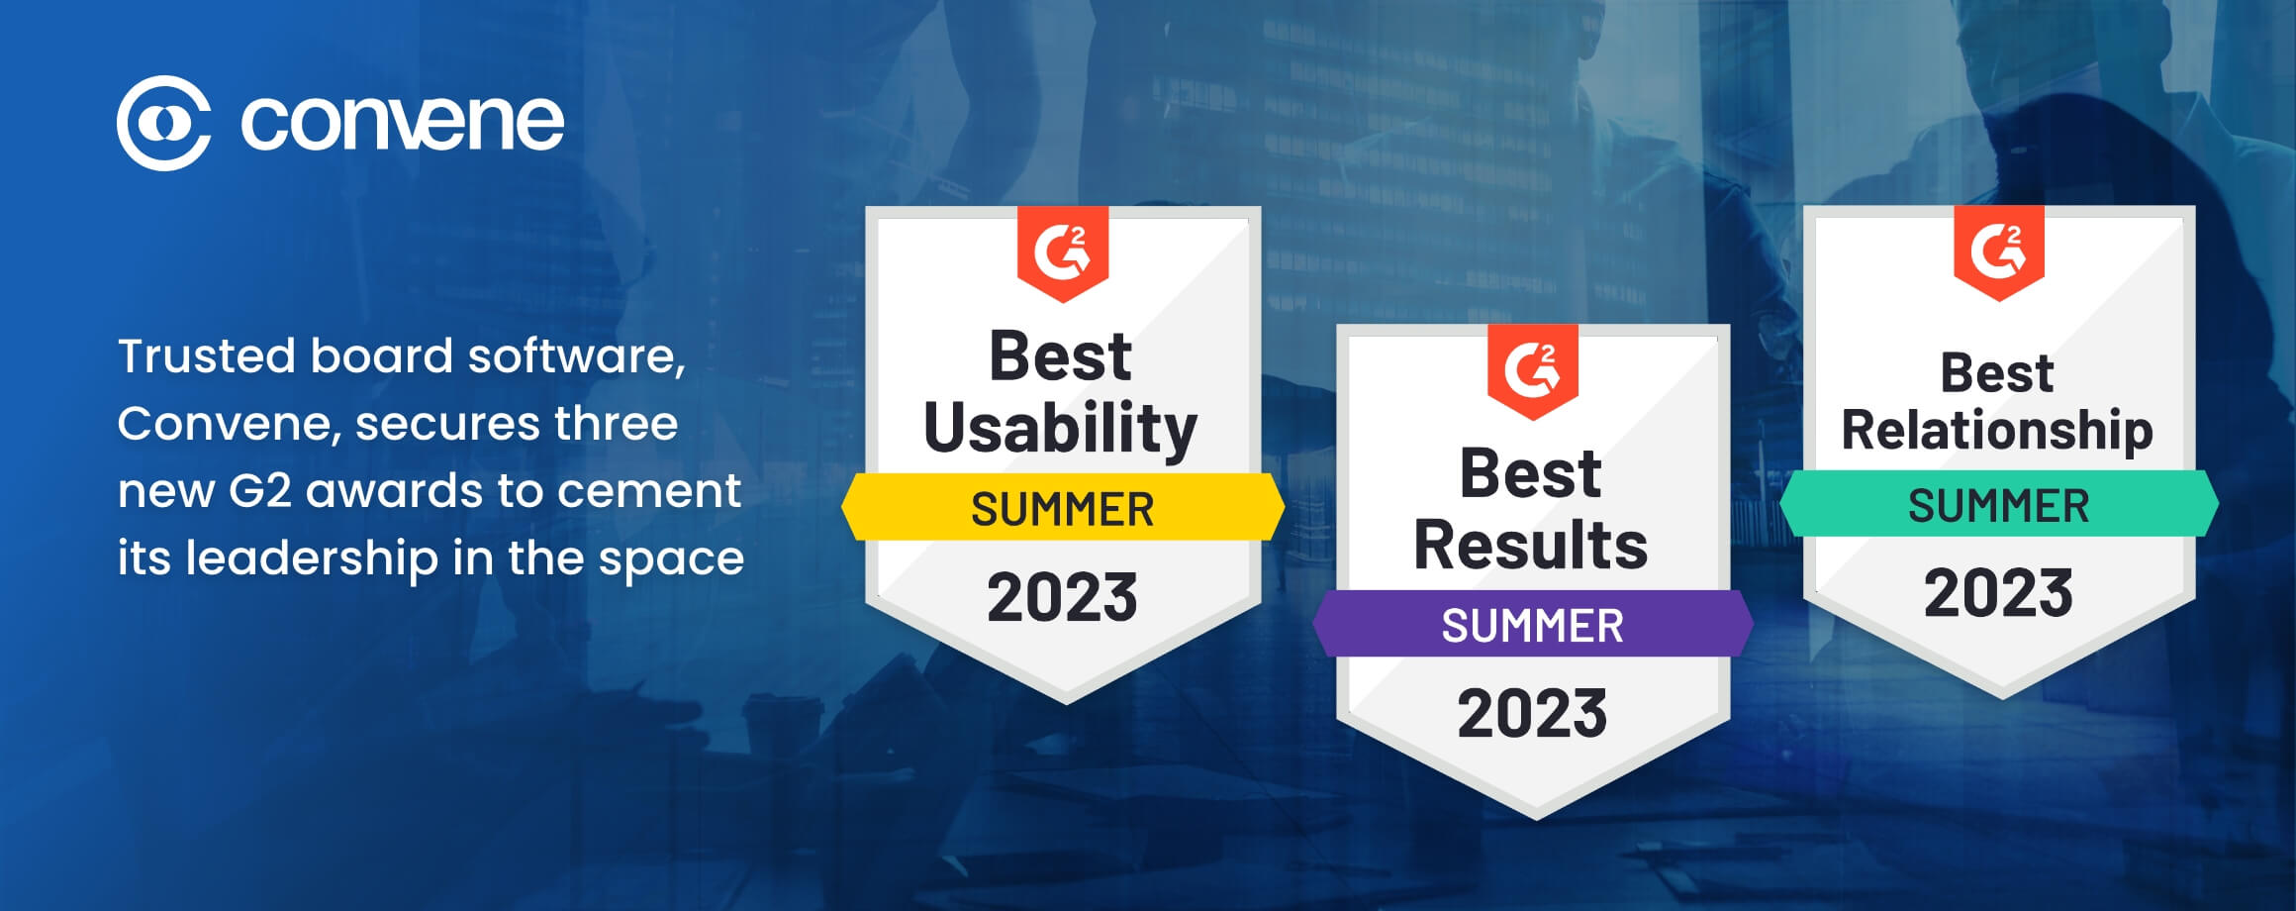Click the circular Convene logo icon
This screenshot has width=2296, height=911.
tap(163, 123)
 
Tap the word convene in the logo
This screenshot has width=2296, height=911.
tap(402, 123)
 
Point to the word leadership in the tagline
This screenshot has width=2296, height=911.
tap(312, 558)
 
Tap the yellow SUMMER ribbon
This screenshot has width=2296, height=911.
tap(1063, 507)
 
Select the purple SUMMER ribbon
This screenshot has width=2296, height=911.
tap(1533, 624)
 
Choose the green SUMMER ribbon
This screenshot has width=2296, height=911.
tap(1999, 504)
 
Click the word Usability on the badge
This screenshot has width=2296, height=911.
tap(1061, 430)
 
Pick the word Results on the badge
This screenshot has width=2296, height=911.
tap(1531, 546)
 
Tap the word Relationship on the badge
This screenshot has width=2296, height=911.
tap(1997, 431)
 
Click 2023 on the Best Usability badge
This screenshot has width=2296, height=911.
tap(1062, 598)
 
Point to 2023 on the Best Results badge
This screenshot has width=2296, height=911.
tap(1532, 714)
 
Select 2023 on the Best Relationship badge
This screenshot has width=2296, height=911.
tap(1998, 593)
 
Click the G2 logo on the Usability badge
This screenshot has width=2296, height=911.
tap(1063, 253)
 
